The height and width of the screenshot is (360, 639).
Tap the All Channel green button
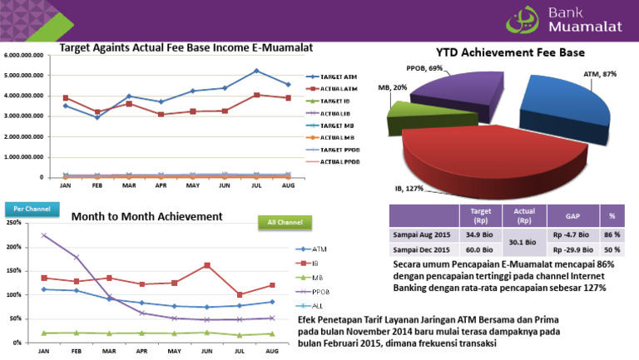point(284,222)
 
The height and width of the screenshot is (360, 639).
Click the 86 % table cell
point(612,234)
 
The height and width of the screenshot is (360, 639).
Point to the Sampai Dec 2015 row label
point(424,249)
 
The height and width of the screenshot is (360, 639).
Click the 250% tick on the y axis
point(12,223)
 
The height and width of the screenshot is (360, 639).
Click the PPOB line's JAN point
point(43,235)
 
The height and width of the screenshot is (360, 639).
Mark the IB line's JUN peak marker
point(206,265)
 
